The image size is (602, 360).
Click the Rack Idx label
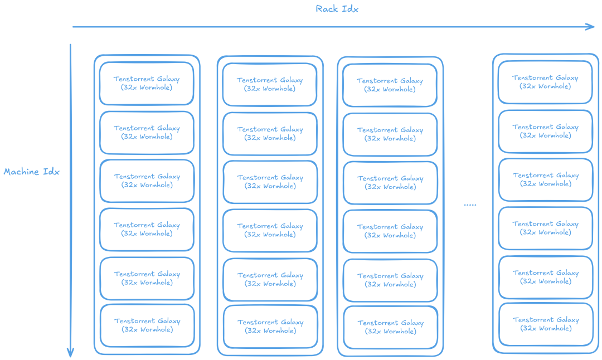pyautogui.click(x=337, y=9)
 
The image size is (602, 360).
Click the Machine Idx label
pyautogui.click(x=31, y=172)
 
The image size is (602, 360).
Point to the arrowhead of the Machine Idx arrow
pyautogui.click(x=70, y=352)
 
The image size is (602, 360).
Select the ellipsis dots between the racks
pyautogui.click(x=470, y=205)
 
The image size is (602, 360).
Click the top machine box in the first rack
pyautogui.click(x=147, y=83)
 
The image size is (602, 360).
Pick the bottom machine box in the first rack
pyautogui.click(x=147, y=325)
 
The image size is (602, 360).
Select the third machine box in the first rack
pyautogui.click(x=147, y=181)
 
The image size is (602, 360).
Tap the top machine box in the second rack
pyautogui.click(x=270, y=84)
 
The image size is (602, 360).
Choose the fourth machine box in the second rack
pyautogui.click(x=270, y=230)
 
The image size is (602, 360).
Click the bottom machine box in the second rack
pyautogui.click(x=270, y=326)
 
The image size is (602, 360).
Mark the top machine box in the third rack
pyautogui.click(x=390, y=85)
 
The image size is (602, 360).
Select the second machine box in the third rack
pyautogui.click(x=390, y=134)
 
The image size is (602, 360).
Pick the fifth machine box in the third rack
pyautogui.click(x=390, y=280)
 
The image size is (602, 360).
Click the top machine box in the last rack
pyautogui.click(x=545, y=82)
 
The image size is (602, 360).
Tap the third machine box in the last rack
pyautogui.click(x=546, y=179)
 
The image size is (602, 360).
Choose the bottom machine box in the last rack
pyautogui.click(x=546, y=324)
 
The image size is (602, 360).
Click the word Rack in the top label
pyautogui.click(x=327, y=9)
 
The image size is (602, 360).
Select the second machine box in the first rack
pyautogui.click(x=147, y=132)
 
